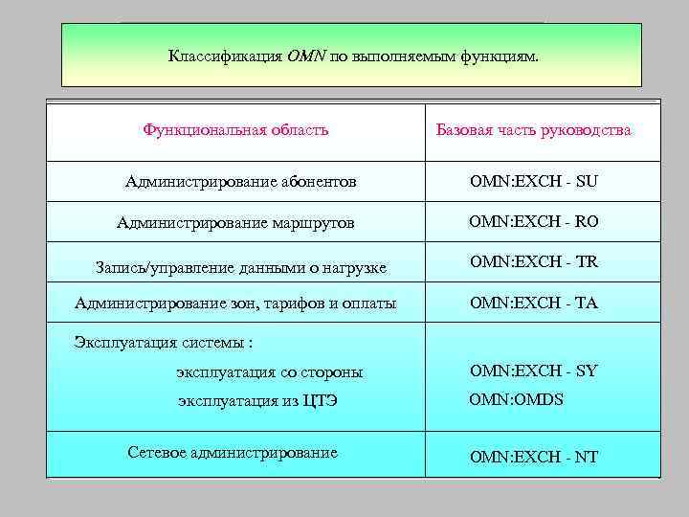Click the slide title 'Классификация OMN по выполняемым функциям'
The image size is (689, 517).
pyautogui.click(x=354, y=56)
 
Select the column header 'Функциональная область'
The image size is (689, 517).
pyautogui.click(x=235, y=129)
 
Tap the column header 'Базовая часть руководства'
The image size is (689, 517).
pyautogui.click(x=533, y=129)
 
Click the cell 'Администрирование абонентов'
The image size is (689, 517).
pyautogui.click(x=240, y=180)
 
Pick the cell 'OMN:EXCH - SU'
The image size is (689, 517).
pyautogui.click(x=534, y=180)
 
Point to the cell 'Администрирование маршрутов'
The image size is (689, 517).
pyautogui.click(x=235, y=222)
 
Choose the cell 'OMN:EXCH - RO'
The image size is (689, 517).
pyautogui.click(x=534, y=221)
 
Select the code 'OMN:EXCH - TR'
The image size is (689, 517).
pyautogui.click(x=534, y=261)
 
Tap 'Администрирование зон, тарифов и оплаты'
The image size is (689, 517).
pyautogui.click(x=235, y=304)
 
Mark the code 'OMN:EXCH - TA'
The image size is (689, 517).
pyautogui.click(x=534, y=303)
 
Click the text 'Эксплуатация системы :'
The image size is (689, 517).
pyautogui.click(x=164, y=342)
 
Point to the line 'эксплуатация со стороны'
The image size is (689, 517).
pyautogui.click(x=269, y=371)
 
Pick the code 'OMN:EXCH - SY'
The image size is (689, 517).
pyautogui.click(x=534, y=371)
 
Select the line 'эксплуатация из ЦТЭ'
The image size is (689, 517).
pyautogui.click(x=257, y=401)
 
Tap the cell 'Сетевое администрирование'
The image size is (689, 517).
pyautogui.click(x=233, y=452)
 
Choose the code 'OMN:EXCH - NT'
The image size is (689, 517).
pyautogui.click(x=534, y=457)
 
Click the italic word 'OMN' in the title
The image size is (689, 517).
pyautogui.click(x=306, y=56)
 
